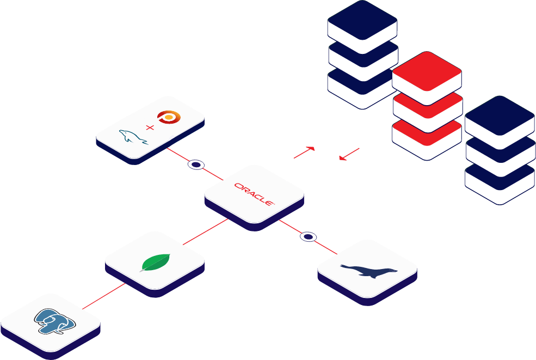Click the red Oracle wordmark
(254, 193)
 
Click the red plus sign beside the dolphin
(149, 128)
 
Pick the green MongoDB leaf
(154, 263)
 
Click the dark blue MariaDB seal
(368, 270)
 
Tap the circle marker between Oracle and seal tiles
(308, 236)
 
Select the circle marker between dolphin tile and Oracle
(196, 164)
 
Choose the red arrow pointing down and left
(348, 154)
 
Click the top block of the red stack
(427, 70)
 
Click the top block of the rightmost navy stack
(500, 115)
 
